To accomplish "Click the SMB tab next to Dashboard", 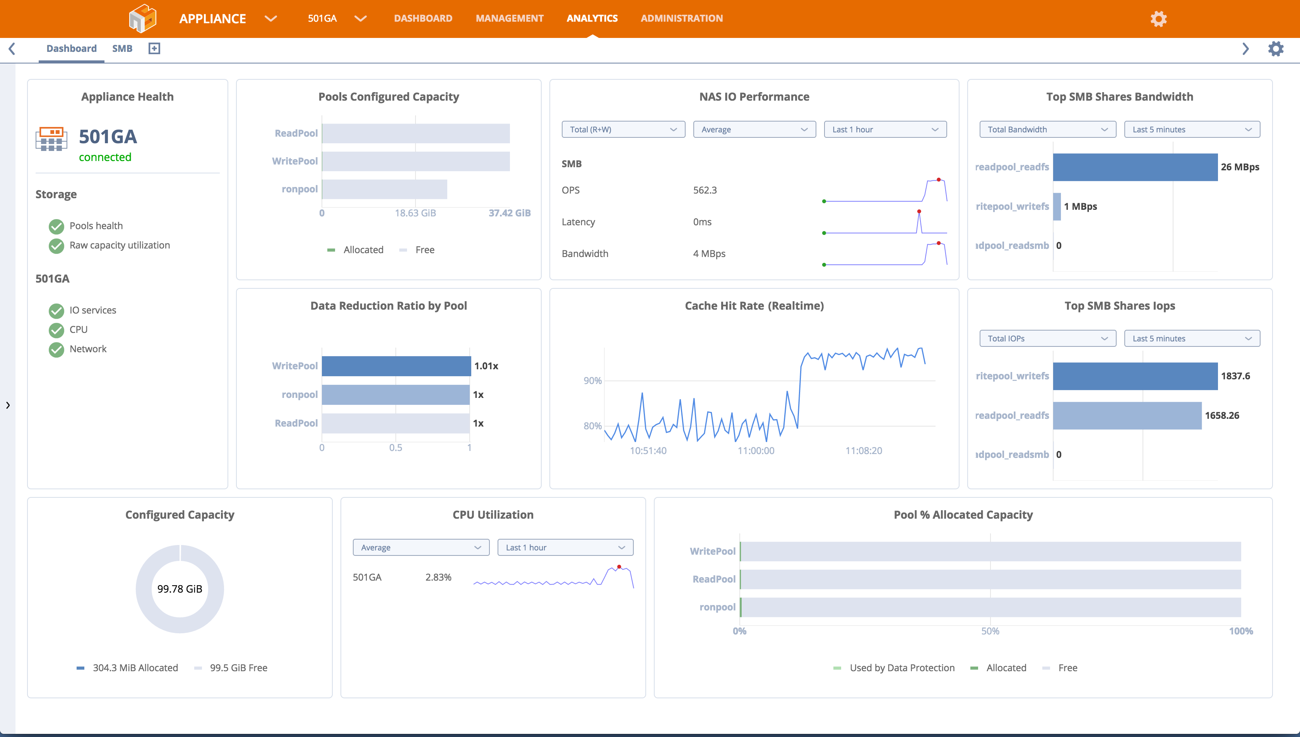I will pyautogui.click(x=122, y=49).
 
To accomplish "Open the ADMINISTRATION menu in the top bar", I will pyautogui.click(x=681, y=18).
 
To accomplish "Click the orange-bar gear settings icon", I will pyautogui.click(x=1158, y=19).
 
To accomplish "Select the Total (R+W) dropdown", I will pyautogui.click(x=623, y=130).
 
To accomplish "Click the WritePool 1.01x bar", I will pyautogui.click(x=396, y=366).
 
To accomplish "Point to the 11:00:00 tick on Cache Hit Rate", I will pyautogui.click(x=756, y=451).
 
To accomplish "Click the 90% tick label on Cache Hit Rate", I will pyautogui.click(x=592, y=380).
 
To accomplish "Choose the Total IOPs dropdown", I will pyautogui.click(x=1047, y=339).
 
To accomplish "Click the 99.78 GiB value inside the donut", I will pyautogui.click(x=180, y=589).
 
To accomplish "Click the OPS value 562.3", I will pyautogui.click(x=705, y=190).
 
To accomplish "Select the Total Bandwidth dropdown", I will pyautogui.click(x=1047, y=130).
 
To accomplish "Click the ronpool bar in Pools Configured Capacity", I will pyautogui.click(x=385, y=189).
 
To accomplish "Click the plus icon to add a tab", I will pyautogui.click(x=154, y=49).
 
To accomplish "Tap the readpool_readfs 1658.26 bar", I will pyautogui.click(x=1127, y=416).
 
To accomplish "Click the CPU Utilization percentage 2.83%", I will pyautogui.click(x=438, y=578).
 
